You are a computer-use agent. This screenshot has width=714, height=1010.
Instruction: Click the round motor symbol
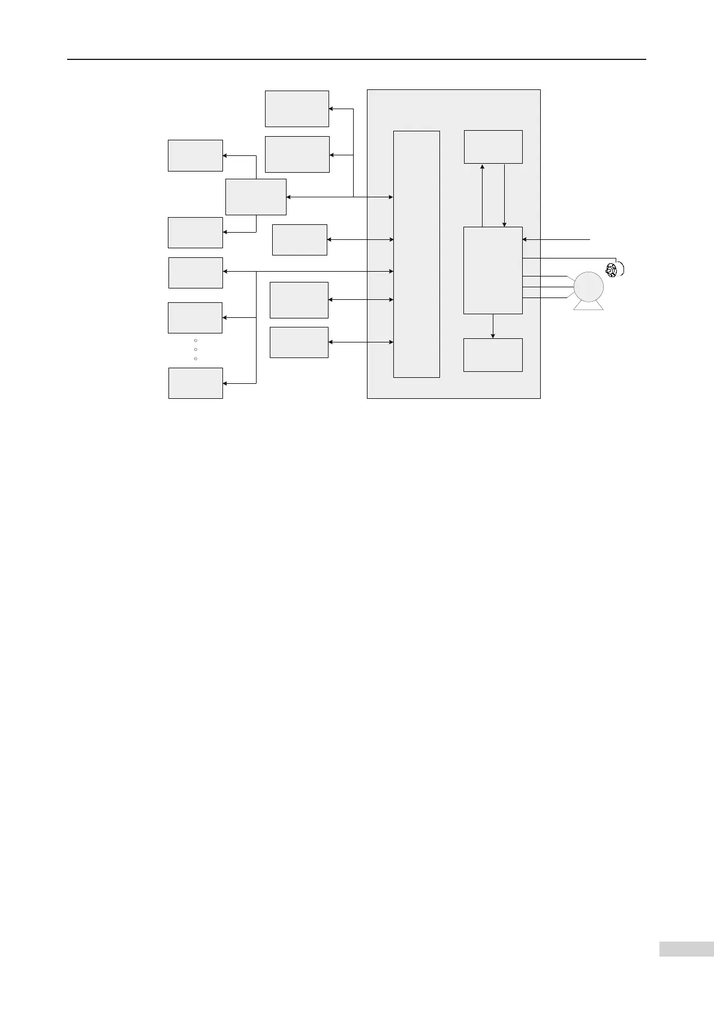pos(588,287)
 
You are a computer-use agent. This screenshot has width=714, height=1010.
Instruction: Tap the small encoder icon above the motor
pos(611,270)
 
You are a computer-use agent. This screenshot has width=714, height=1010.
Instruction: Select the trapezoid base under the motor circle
pos(588,306)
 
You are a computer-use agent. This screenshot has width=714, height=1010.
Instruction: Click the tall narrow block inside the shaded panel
pos(416,254)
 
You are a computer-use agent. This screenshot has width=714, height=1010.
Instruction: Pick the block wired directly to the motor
pos(493,270)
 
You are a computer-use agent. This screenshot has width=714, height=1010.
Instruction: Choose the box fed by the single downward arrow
pos(493,354)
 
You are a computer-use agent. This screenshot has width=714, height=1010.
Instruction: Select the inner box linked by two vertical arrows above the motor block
pos(493,146)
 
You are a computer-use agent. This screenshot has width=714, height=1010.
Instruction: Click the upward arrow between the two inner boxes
pos(482,195)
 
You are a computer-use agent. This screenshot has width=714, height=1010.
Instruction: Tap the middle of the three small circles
pos(195,349)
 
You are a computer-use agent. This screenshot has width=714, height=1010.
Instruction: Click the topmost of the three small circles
pos(195,340)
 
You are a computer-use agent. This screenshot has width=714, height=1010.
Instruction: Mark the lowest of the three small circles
pos(195,358)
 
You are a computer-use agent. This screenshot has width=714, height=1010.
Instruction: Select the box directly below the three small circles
pos(195,383)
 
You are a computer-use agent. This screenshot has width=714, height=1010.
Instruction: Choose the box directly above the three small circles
pos(195,317)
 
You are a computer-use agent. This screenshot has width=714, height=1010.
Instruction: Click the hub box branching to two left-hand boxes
pos(255,196)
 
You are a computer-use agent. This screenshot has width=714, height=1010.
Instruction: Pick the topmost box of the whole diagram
pos(297,109)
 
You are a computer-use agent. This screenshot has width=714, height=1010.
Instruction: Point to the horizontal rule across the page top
pos(356,59)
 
